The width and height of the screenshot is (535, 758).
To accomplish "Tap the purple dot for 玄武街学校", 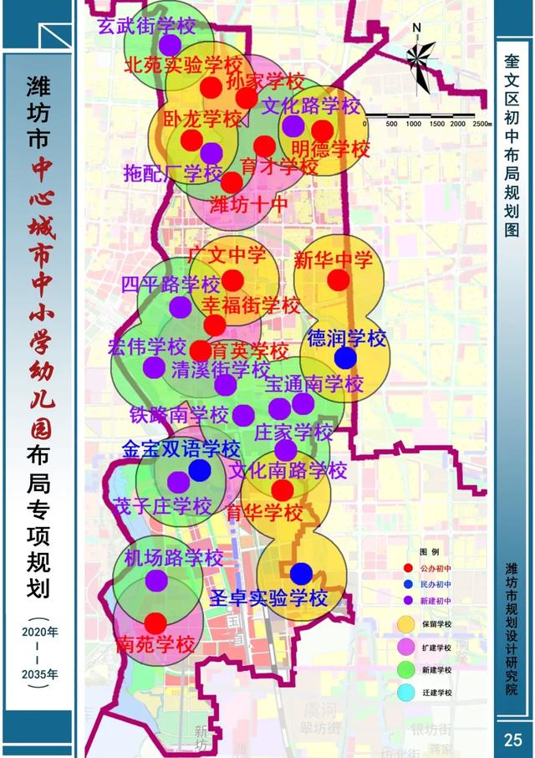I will [x=171, y=44].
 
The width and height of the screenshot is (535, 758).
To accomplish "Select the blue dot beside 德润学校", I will [x=345, y=358].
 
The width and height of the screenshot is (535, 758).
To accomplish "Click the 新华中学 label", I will [x=334, y=260].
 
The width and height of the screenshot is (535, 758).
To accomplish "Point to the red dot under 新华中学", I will [x=337, y=280].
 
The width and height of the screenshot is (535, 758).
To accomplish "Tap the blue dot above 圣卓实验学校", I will [x=301, y=573].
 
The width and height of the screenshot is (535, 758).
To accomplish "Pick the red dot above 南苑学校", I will [x=155, y=623].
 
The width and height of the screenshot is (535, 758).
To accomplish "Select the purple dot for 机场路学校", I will [x=156, y=580].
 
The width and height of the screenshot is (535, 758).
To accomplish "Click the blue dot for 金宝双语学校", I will [x=199, y=470].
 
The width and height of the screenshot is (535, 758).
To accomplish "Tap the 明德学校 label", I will [x=331, y=151].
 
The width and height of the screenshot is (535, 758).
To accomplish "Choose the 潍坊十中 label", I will [x=248, y=203].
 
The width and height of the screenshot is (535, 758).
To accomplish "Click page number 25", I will [x=513, y=739].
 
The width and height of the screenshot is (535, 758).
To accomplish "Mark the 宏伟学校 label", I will [x=146, y=346].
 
